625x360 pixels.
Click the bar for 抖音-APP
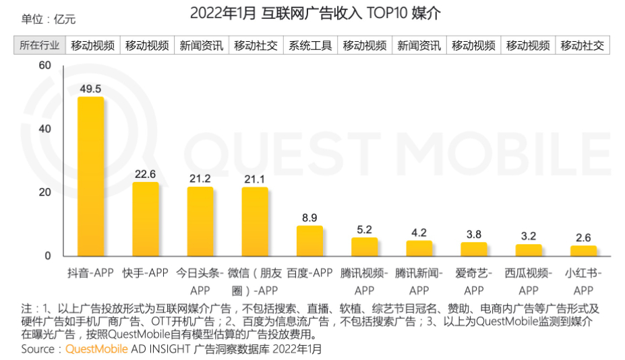pos(90,177)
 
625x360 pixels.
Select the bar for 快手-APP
pos(145,219)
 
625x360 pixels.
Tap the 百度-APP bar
pos(309,241)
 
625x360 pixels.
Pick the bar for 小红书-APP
pos(583,251)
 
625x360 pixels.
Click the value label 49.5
pos(90,88)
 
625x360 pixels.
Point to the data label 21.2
pos(200,179)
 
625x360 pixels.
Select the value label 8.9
pos(309,217)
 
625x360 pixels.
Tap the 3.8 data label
pos(474,234)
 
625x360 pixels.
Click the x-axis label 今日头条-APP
pos(200,282)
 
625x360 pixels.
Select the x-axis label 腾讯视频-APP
pos(364,282)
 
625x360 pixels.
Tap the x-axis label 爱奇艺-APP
pos(474,282)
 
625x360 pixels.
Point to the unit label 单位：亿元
pos(49,19)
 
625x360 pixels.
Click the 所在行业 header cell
pos(39,46)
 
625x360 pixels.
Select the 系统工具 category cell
pos(310,46)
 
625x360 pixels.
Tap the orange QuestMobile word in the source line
pos(94,349)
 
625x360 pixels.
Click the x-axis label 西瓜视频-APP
pos(529,282)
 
